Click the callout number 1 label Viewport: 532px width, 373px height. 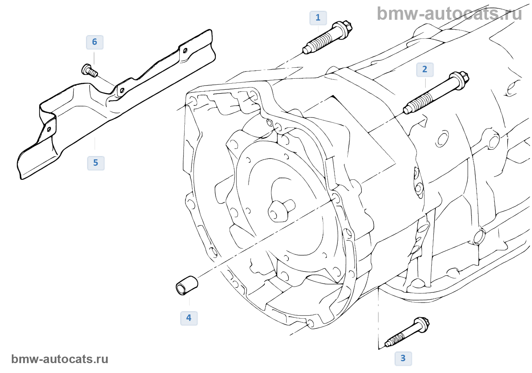pyautogui.click(x=318, y=18)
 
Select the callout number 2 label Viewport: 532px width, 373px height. pyautogui.click(x=425, y=70)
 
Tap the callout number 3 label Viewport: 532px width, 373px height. pyautogui.click(x=403, y=359)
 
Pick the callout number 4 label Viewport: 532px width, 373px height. pyautogui.click(x=189, y=318)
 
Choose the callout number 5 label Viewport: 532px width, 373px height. pyautogui.click(x=96, y=163)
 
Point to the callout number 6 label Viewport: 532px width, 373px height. pyautogui.click(x=95, y=42)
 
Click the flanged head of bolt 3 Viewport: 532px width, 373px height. pyautogui.click(x=423, y=325)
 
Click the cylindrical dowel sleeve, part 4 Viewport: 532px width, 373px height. pyautogui.click(x=187, y=285)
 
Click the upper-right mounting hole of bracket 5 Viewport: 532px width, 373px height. pyautogui.click(x=185, y=51)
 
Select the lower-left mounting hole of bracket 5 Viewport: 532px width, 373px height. pyautogui.click(x=49, y=129)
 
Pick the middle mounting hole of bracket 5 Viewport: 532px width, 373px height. pyautogui.click(x=122, y=90)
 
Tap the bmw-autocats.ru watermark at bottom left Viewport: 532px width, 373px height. pyautogui.click(x=60, y=359)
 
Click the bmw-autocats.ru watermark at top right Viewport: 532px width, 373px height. pyautogui.click(x=449, y=14)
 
